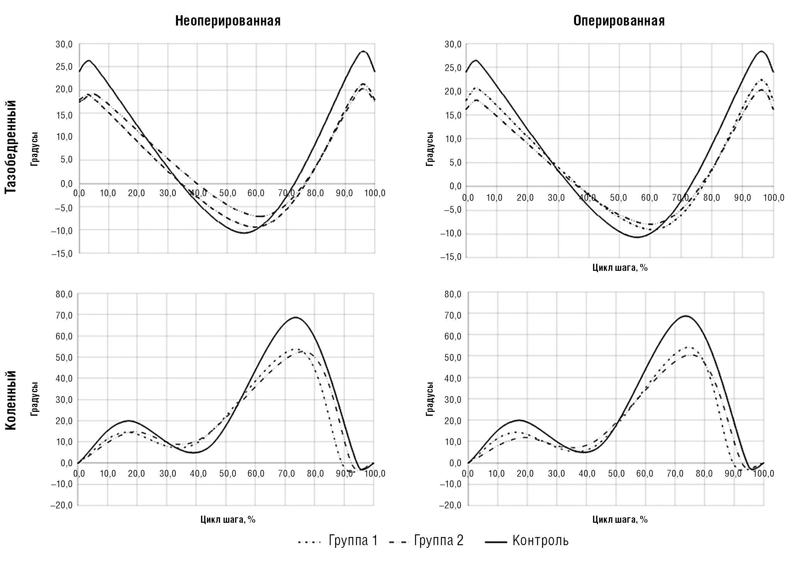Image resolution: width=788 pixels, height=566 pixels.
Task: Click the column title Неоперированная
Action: (x=228, y=21)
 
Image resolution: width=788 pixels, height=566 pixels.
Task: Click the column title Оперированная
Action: (x=619, y=21)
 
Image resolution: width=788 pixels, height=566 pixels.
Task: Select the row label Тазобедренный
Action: (x=11, y=147)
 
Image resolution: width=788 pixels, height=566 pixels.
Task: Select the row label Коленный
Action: (x=11, y=400)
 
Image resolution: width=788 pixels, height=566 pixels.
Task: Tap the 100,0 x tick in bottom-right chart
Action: (x=763, y=474)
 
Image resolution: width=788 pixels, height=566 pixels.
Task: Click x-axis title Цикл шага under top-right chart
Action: (x=620, y=267)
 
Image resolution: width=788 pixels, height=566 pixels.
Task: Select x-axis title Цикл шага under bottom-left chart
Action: (x=228, y=520)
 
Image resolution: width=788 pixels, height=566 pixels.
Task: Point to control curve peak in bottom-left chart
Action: (x=295, y=317)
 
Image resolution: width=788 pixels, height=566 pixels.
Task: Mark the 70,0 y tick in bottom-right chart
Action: (x=453, y=315)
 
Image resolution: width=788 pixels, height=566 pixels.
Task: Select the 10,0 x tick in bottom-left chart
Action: (x=108, y=474)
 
